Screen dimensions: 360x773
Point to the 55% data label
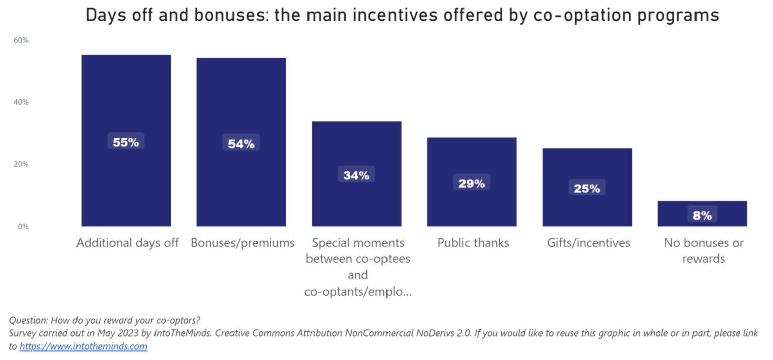coord(126,142)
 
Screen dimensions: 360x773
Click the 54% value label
coord(241,144)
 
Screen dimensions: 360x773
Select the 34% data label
coord(356,175)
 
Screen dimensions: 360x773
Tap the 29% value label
coord(472,184)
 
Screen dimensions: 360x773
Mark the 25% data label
coord(587,189)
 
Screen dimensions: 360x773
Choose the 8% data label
coord(702,215)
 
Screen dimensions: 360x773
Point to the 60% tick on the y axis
coord(21,40)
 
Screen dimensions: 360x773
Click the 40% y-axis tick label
coord(21,102)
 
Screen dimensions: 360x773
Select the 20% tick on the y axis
coord(21,164)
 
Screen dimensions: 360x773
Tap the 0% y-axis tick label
coord(23,227)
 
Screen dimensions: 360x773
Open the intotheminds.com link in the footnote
coord(84,346)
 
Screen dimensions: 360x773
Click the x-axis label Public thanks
coord(473,243)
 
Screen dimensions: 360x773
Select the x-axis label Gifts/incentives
coord(588,243)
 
